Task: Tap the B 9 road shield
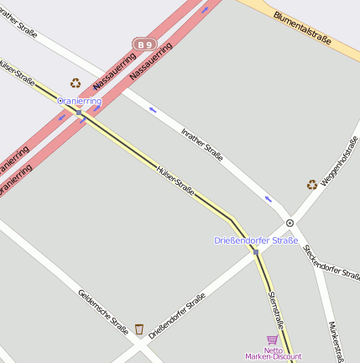click(144, 44)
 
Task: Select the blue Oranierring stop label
click(79, 101)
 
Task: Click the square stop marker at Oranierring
click(79, 112)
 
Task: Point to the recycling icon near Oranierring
click(76, 83)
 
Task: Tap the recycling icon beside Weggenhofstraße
click(312, 184)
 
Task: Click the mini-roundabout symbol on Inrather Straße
click(290, 223)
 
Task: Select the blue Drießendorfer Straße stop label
click(256, 241)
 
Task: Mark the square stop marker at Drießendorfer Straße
click(256, 251)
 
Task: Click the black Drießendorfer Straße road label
click(177, 315)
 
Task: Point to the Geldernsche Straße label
click(102, 312)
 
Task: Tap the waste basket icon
click(138, 329)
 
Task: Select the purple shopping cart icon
click(272, 339)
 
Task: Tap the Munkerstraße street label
click(337, 339)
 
